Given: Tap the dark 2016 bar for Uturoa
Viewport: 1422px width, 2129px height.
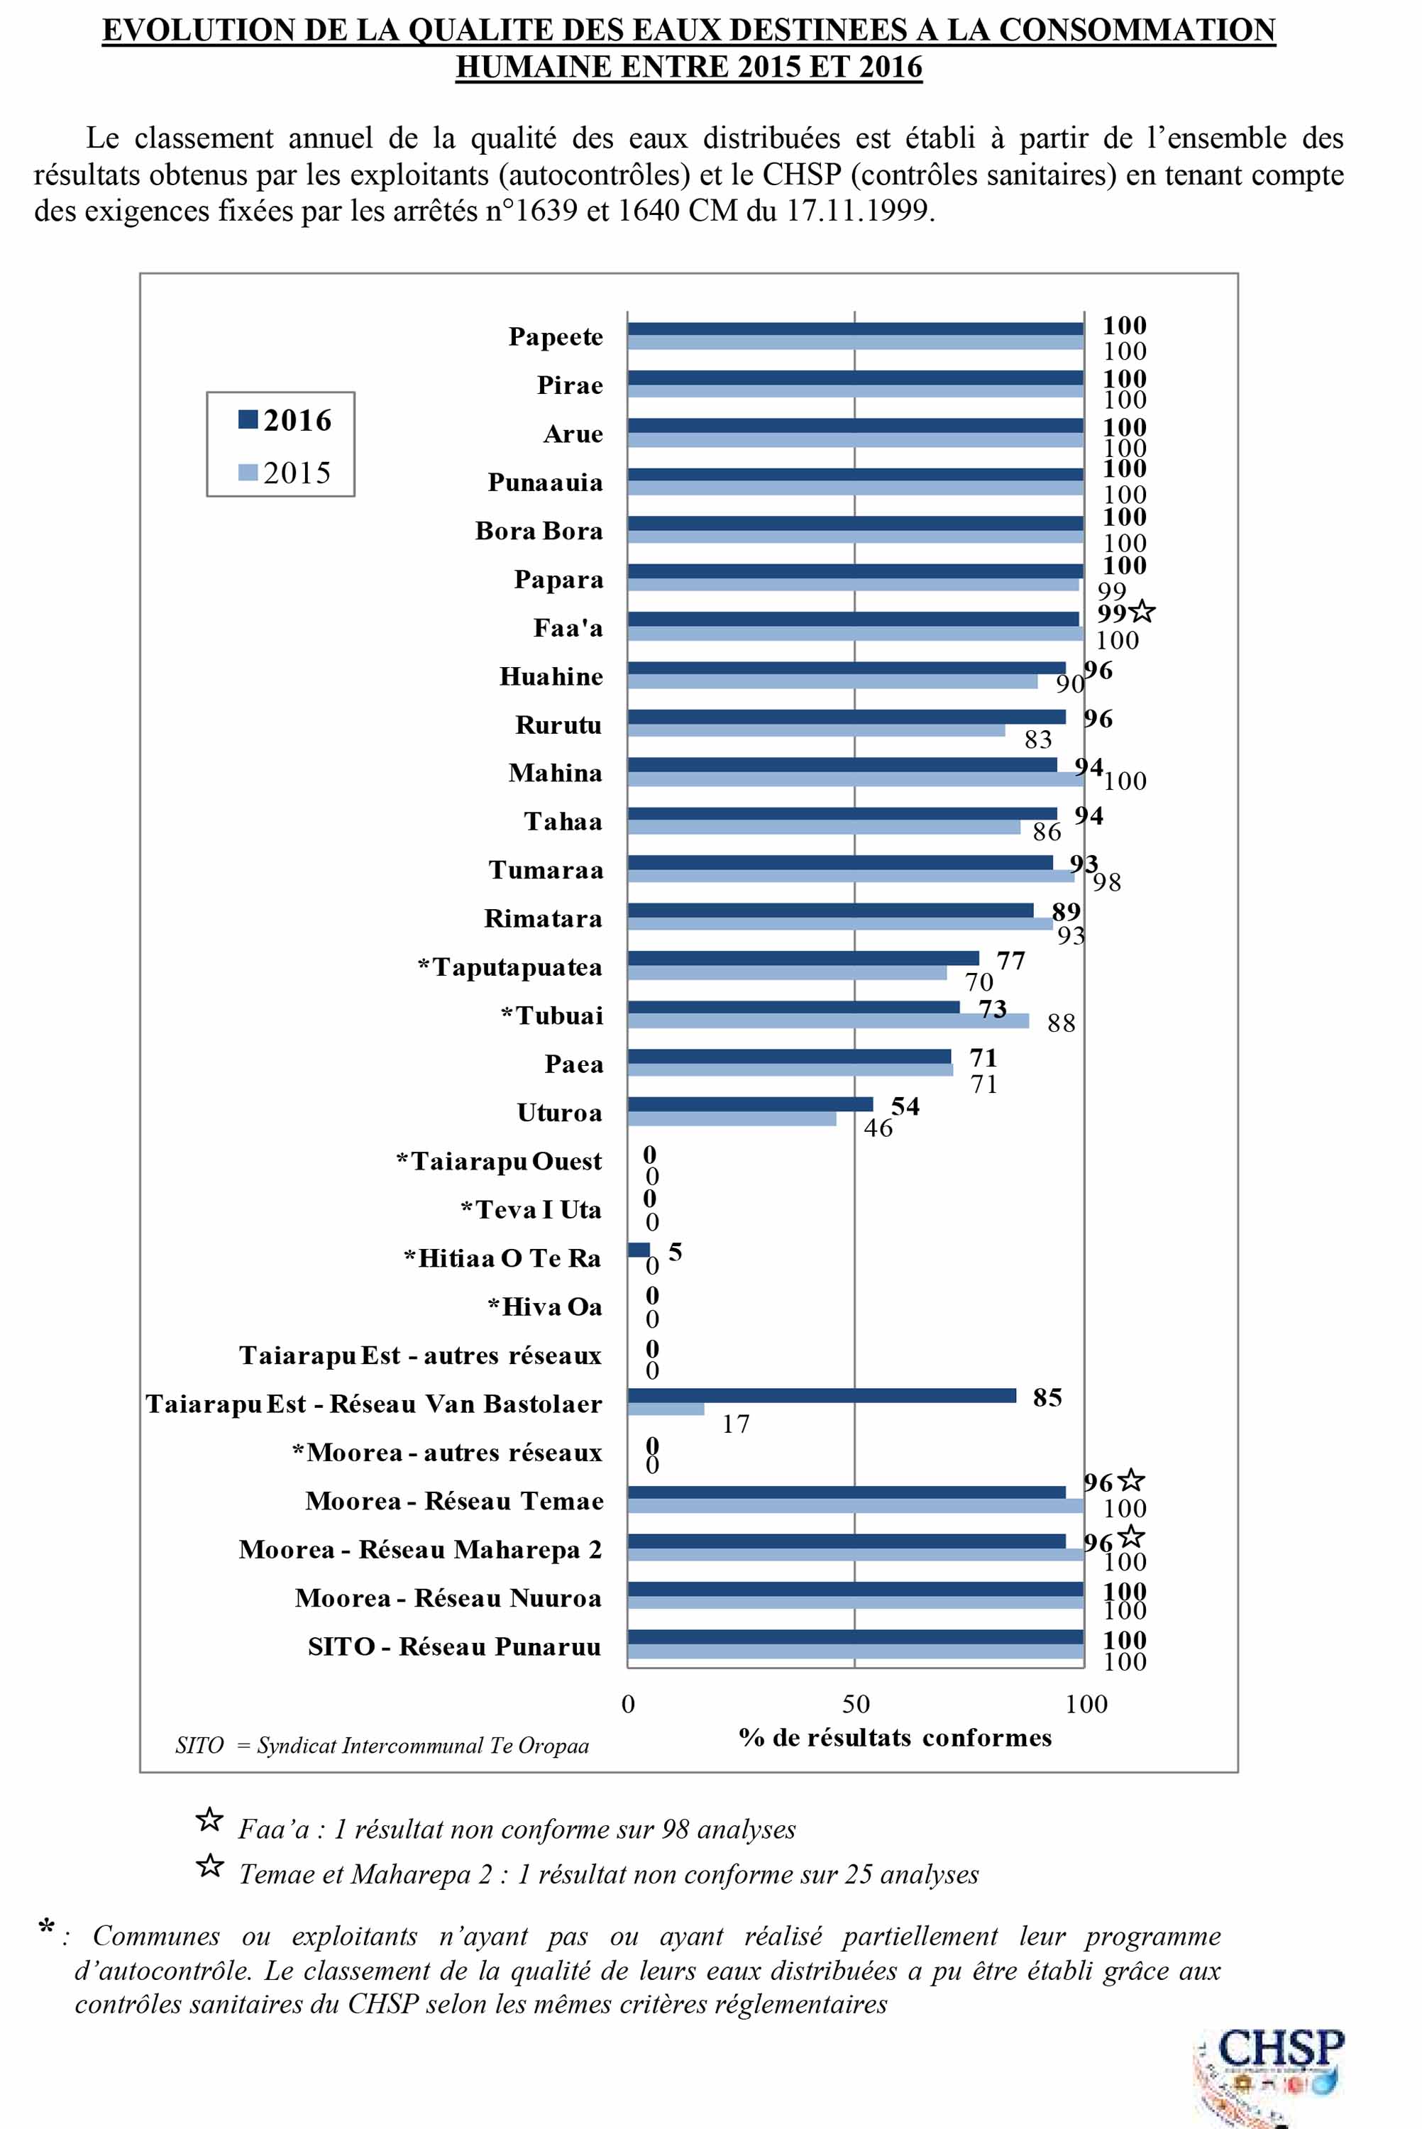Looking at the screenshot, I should click(x=750, y=1104).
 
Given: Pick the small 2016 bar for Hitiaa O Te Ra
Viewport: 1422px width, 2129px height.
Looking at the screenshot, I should click(x=639, y=1250).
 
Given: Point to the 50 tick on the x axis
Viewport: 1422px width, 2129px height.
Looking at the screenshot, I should click(x=855, y=1704).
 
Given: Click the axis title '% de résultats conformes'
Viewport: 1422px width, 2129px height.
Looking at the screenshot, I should click(x=895, y=1737).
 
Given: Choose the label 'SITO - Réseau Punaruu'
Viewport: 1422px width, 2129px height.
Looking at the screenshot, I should click(x=454, y=1646).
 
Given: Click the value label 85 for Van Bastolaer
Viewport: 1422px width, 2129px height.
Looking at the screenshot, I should click(x=1047, y=1397).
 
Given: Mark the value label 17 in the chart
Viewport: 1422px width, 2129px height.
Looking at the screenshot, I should click(x=736, y=1424).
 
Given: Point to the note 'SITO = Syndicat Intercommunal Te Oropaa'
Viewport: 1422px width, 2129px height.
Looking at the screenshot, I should click(x=382, y=1746).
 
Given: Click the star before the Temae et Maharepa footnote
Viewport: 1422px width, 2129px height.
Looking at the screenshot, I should click(x=209, y=1866).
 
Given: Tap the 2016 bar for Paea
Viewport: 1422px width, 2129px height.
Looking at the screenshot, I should click(x=789, y=1057).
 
